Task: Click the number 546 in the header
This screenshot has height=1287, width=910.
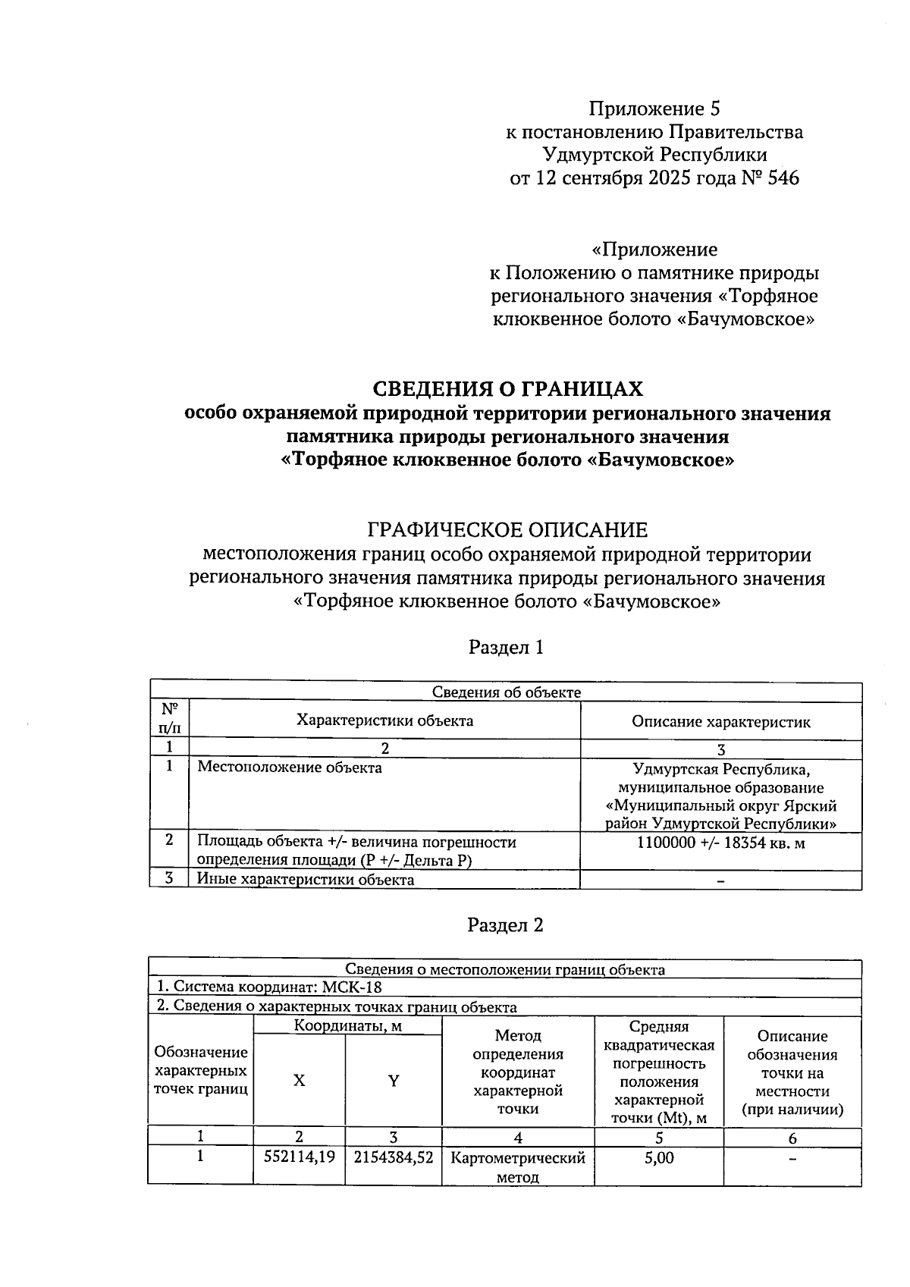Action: tap(783, 179)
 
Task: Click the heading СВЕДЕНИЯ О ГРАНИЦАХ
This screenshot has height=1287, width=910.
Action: tap(507, 389)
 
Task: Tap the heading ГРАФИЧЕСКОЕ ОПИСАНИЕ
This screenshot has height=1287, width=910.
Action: tap(507, 529)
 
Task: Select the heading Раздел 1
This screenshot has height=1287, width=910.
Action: tap(506, 647)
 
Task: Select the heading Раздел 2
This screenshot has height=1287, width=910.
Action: tap(506, 925)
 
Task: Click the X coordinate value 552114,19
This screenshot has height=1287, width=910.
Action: tap(299, 1157)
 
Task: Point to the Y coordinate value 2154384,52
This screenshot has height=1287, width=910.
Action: tap(394, 1157)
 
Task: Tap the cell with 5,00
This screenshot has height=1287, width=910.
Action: tap(659, 1158)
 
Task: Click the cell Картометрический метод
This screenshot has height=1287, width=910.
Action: tap(518, 1167)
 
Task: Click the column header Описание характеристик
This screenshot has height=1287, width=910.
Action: tap(720, 721)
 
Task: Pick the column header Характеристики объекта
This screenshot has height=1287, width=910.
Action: tap(384, 720)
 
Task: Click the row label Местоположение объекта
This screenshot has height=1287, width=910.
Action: tap(290, 767)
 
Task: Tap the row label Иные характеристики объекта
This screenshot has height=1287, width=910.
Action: tap(306, 880)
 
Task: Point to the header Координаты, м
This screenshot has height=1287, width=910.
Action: tap(347, 1026)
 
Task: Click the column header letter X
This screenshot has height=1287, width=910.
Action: tap(300, 1081)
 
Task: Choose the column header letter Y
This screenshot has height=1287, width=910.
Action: tap(394, 1081)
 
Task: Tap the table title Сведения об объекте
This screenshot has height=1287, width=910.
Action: tap(506, 692)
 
